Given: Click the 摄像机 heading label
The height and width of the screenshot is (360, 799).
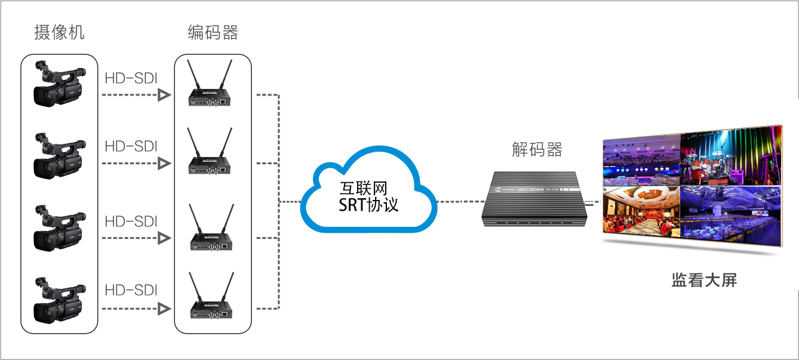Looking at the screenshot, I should [x=59, y=32].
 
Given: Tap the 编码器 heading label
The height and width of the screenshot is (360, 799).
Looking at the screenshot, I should [x=213, y=32].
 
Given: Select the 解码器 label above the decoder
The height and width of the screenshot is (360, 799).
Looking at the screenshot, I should [x=537, y=149].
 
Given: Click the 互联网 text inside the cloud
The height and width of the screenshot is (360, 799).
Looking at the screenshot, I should [x=364, y=189].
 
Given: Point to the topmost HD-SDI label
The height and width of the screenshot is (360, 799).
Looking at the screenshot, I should [x=130, y=78].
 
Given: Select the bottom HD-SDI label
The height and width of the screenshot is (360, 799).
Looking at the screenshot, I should [x=130, y=291].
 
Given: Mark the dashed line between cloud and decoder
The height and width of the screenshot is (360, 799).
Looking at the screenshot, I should [x=460, y=202].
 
